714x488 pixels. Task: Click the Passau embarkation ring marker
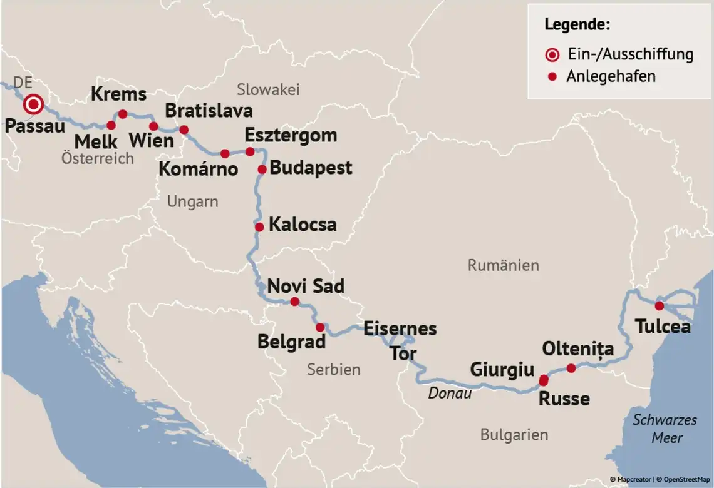(x=33, y=104)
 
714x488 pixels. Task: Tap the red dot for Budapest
(x=262, y=169)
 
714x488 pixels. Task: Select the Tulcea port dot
(x=659, y=306)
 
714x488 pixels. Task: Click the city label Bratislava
(x=209, y=111)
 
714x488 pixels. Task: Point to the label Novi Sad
(x=306, y=286)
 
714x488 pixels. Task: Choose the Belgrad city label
(x=291, y=342)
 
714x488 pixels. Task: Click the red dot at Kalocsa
(x=259, y=227)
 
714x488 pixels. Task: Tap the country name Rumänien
(x=503, y=265)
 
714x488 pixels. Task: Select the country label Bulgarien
(x=514, y=434)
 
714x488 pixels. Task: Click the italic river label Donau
(x=450, y=393)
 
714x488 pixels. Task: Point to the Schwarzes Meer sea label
(x=665, y=428)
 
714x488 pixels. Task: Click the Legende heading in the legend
(x=577, y=24)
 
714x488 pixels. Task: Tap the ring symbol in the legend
(x=552, y=54)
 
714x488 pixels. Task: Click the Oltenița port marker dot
(x=571, y=368)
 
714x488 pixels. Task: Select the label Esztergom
(x=291, y=135)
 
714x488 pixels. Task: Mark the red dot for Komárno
(x=225, y=153)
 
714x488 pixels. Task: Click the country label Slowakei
(x=268, y=89)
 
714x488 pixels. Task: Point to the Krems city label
(x=118, y=94)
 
